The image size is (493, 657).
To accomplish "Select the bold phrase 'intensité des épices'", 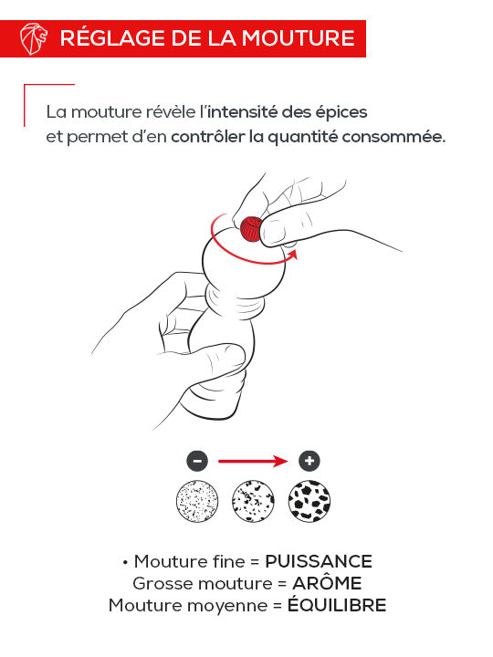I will pyautogui.click(x=287, y=113).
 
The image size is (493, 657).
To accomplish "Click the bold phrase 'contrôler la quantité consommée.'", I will pyautogui.click(x=309, y=137).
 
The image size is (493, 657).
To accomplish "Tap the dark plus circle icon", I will pyautogui.click(x=309, y=460).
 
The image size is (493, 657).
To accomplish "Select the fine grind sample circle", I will pyautogui.click(x=196, y=501).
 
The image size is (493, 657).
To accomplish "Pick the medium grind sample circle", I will pyautogui.click(x=253, y=501).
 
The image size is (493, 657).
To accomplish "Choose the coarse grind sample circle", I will pyautogui.click(x=309, y=501).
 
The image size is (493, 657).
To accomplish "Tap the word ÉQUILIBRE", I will pyautogui.click(x=337, y=605).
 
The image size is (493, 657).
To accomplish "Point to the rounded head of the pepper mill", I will pyautogui.click(x=240, y=265).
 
